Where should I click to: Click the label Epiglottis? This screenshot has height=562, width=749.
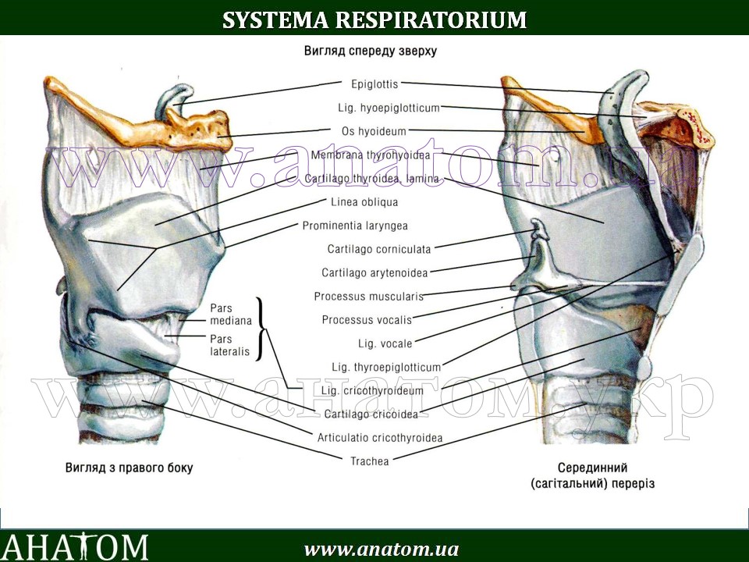[374, 83]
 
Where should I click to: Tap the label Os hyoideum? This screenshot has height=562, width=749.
[374, 131]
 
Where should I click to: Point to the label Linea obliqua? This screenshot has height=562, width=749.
[364, 202]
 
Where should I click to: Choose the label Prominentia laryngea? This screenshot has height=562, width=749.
[355, 226]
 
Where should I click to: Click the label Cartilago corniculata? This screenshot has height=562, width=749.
[378, 249]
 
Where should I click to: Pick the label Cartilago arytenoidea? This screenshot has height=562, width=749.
[375, 273]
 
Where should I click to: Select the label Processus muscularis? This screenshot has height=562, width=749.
[368, 297]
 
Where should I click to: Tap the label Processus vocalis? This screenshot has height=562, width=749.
[367, 320]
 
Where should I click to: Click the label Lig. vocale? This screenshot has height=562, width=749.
[385, 343]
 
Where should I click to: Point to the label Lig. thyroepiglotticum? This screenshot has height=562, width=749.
[386, 367]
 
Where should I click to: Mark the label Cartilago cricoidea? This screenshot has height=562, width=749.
[371, 414]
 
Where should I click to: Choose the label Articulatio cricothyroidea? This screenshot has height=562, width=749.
[380, 438]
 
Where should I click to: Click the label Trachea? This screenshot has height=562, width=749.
[370, 461]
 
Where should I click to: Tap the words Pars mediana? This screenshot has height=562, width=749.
[231, 314]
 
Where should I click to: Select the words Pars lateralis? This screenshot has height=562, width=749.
[229, 345]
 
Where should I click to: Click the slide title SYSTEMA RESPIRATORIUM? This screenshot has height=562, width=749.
[374, 20]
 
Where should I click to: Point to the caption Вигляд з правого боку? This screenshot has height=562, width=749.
[129, 468]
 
